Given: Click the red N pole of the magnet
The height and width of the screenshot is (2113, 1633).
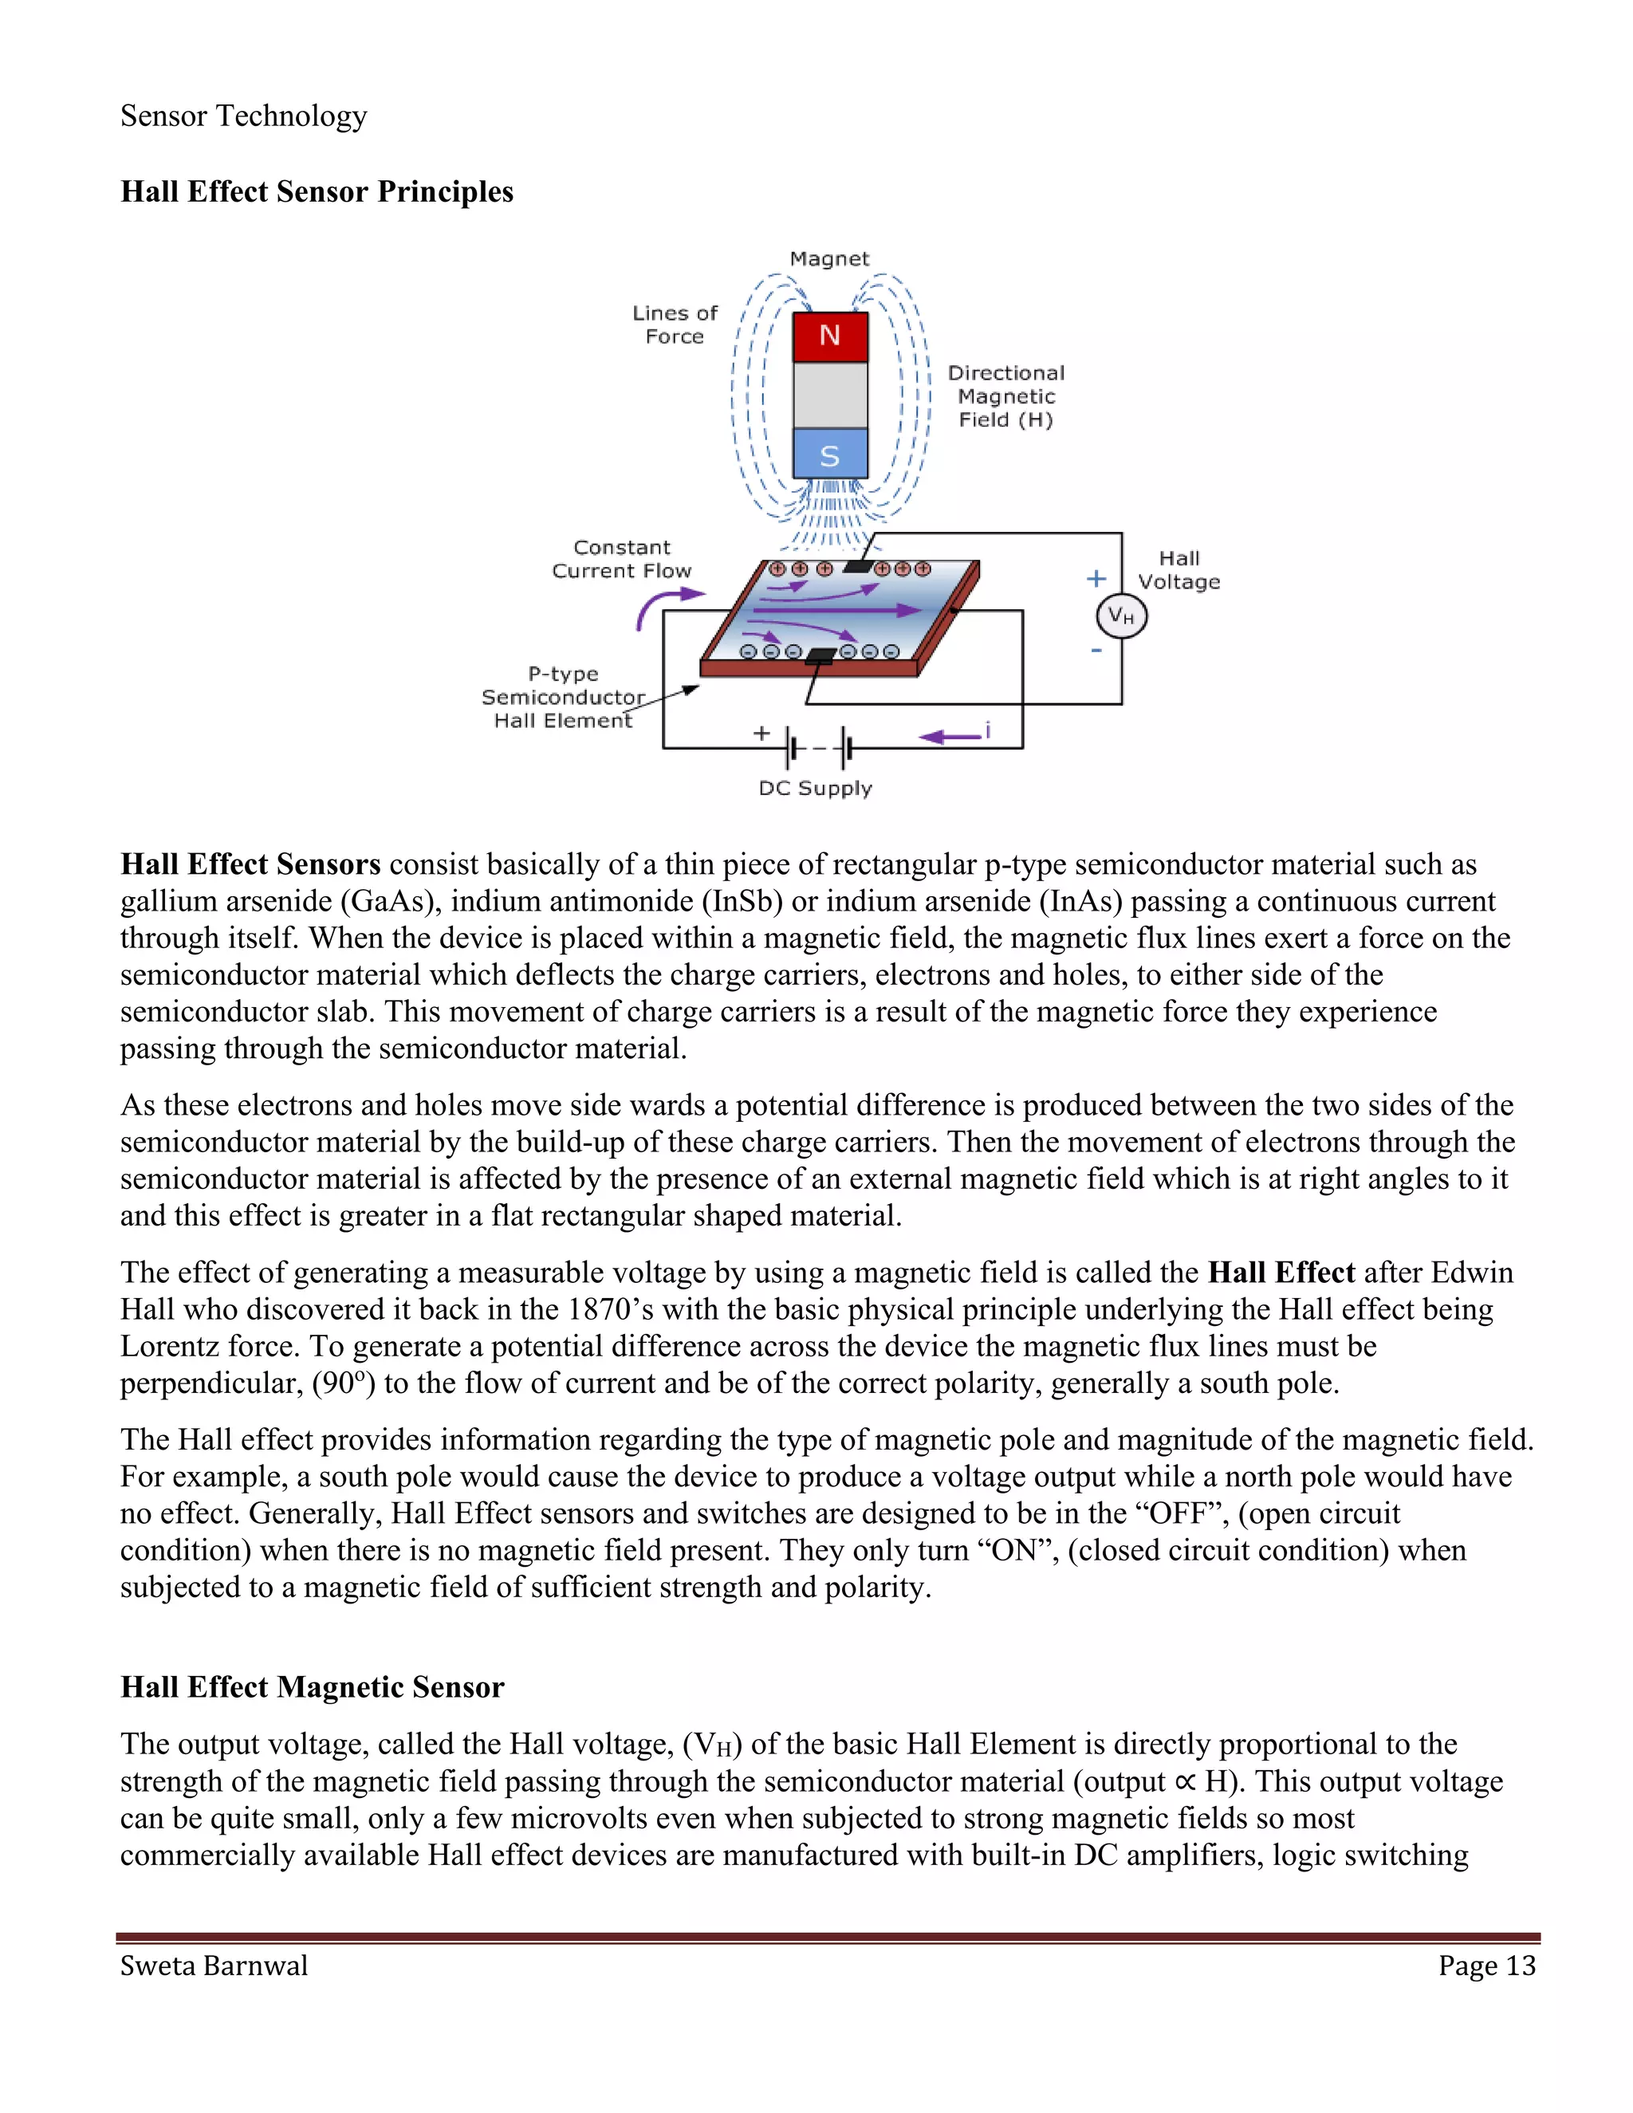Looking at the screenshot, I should [829, 336].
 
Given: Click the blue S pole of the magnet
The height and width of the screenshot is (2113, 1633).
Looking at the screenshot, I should [829, 454].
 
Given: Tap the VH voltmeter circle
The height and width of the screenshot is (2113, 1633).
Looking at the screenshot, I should [1121, 616].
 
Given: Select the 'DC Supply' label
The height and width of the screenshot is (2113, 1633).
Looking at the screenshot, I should [815, 788].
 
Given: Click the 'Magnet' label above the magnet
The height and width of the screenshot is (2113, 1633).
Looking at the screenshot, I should [829, 258].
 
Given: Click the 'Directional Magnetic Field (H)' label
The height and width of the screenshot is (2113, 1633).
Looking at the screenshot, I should [1005, 395].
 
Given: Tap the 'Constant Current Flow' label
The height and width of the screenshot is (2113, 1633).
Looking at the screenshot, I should [621, 559].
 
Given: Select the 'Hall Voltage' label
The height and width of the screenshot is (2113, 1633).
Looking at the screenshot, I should [1179, 570].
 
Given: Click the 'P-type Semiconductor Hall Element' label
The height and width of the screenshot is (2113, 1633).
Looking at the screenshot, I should [562, 697].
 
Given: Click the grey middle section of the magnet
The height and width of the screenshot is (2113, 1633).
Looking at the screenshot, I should [829, 395].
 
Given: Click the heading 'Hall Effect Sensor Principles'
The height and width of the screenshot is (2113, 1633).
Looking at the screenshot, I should [317, 191].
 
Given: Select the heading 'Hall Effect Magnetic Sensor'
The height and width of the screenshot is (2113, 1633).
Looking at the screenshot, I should [312, 1687].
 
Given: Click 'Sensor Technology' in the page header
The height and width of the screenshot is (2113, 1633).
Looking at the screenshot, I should [244, 116].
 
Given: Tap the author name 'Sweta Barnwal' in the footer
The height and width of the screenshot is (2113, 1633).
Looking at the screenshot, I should [214, 1967].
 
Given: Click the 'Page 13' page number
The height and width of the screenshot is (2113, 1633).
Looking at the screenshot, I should [1486, 1967].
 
